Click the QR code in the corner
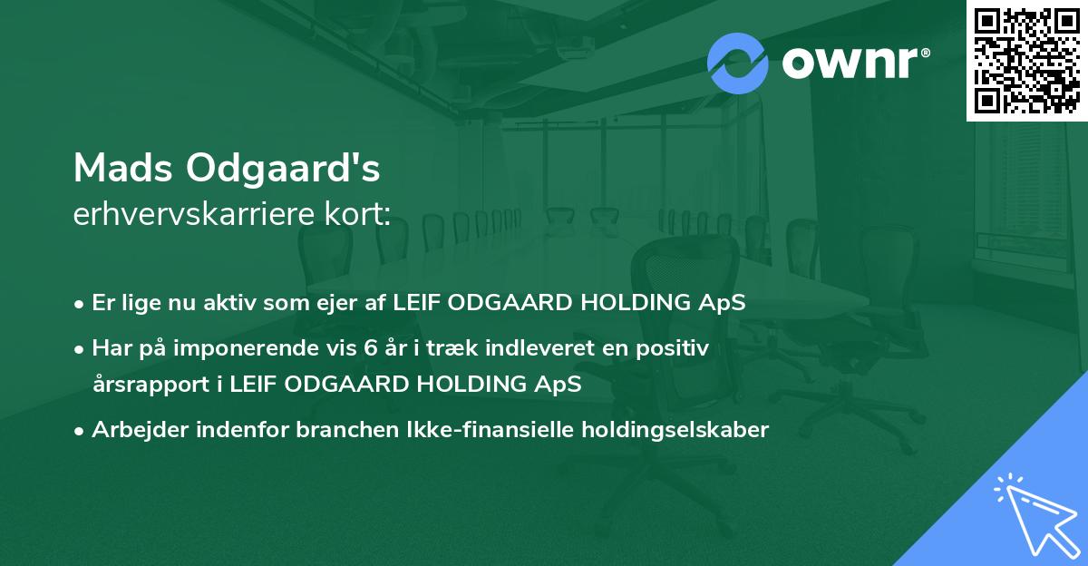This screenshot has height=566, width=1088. (x=1026, y=61)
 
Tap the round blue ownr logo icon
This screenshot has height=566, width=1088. (x=737, y=63)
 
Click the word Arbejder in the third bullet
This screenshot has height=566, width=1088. (x=133, y=430)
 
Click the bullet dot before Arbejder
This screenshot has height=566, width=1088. (x=81, y=431)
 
